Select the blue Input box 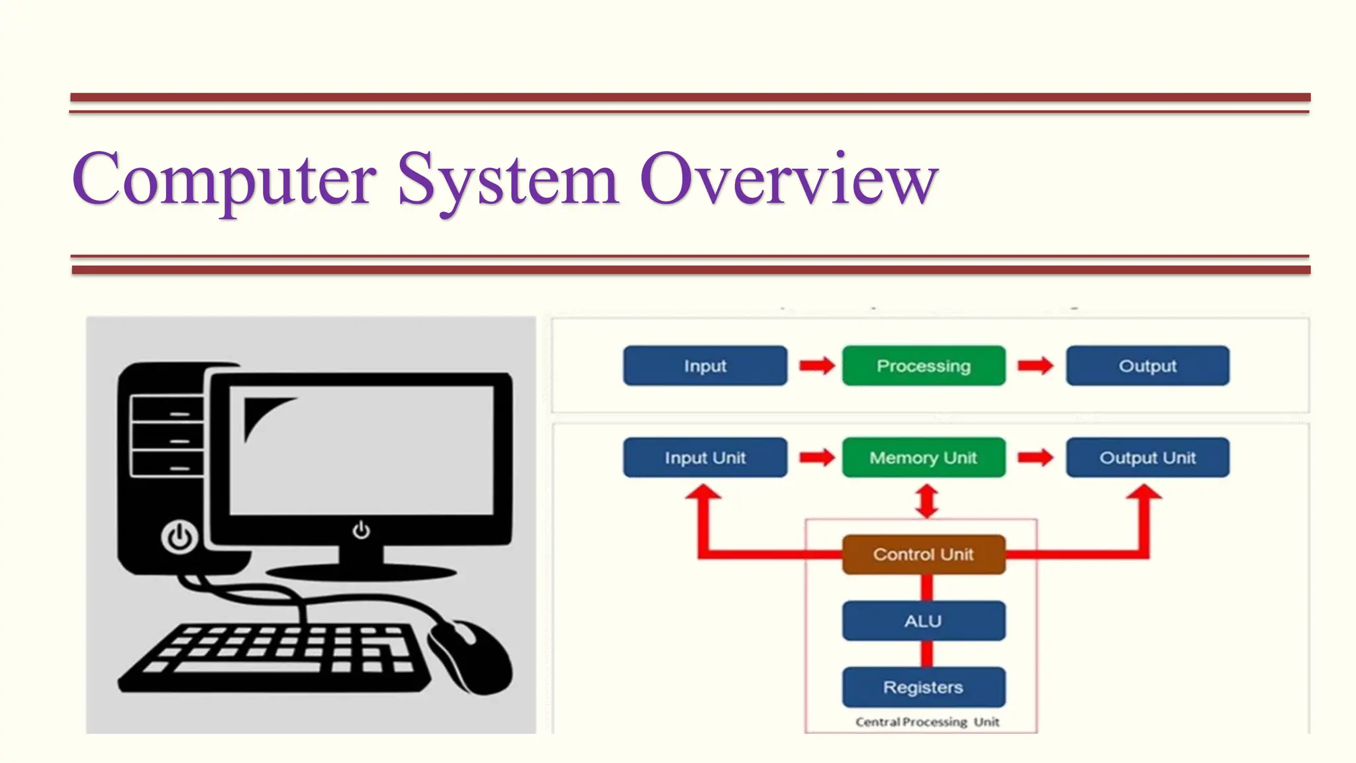(705, 366)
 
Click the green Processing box (924, 366)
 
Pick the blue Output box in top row (1147, 366)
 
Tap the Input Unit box (705, 458)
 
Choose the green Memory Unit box (924, 458)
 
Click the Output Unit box (1147, 458)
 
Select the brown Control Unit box (924, 554)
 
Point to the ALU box (924, 621)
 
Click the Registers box (924, 687)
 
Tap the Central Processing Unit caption (927, 722)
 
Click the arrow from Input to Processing (816, 366)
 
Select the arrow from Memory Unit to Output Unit (1036, 458)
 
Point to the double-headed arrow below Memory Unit (927, 501)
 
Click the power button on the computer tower (179, 537)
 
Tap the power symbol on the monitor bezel (361, 531)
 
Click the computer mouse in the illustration (471, 656)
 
